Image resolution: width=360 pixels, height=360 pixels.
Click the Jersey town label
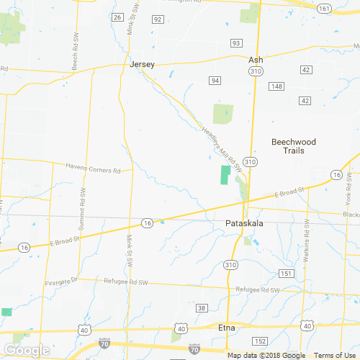pyautogui.click(x=142, y=63)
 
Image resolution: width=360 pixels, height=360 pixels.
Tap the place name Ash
pyautogui.click(x=256, y=60)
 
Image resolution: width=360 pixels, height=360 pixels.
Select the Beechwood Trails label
pyautogui.click(x=293, y=146)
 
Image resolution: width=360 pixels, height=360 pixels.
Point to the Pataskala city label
pyautogui.click(x=244, y=224)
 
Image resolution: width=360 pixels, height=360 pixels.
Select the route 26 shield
pyautogui.click(x=117, y=16)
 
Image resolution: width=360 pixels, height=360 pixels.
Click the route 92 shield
pyautogui.click(x=158, y=19)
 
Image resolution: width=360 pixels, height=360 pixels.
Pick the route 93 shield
pyautogui.click(x=235, y=43)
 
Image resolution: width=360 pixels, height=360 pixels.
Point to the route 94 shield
pyautogui.click(x=214, y=80)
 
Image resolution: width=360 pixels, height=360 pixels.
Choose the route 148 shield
pyautogui.click(x=276, y=86)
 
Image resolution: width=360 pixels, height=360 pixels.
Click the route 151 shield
pyautogui.click(x=287, y=274)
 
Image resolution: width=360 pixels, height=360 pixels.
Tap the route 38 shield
pyautogui.click(x=202, y=308)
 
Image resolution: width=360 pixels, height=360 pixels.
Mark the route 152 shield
pyautogui.click(x=260, y=341)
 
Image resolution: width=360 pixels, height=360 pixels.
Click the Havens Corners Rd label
pyautogui.click(x=93, y=170)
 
